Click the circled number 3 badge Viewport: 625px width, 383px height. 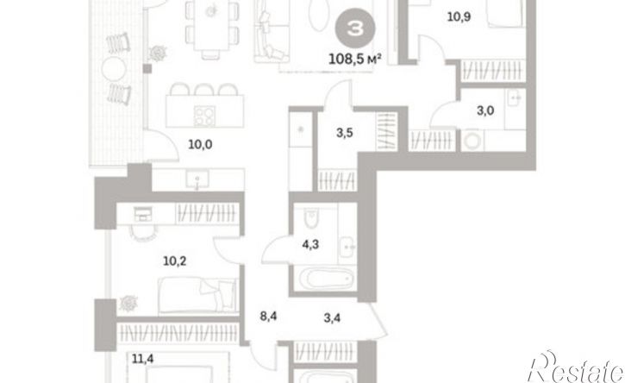355,28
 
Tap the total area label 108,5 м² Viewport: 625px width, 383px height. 355,60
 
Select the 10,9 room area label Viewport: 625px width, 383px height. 459,16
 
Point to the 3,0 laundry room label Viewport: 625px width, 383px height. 485,110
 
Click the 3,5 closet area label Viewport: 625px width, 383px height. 344,133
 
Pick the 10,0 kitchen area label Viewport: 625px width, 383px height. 200,144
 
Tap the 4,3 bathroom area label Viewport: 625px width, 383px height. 310,244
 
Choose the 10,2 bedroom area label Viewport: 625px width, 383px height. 175,261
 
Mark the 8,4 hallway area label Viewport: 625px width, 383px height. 268,317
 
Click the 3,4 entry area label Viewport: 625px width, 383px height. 332,318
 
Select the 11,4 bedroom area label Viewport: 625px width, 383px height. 143,359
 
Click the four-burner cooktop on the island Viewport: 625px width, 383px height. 204,116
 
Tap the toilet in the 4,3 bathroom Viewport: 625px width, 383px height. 311,218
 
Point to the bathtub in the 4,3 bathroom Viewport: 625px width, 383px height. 327,278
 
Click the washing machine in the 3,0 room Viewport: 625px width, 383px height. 472,141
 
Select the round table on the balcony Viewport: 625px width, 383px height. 114,69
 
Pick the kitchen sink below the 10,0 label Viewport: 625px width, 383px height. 197,179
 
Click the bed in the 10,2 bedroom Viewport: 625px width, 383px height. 197,295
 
